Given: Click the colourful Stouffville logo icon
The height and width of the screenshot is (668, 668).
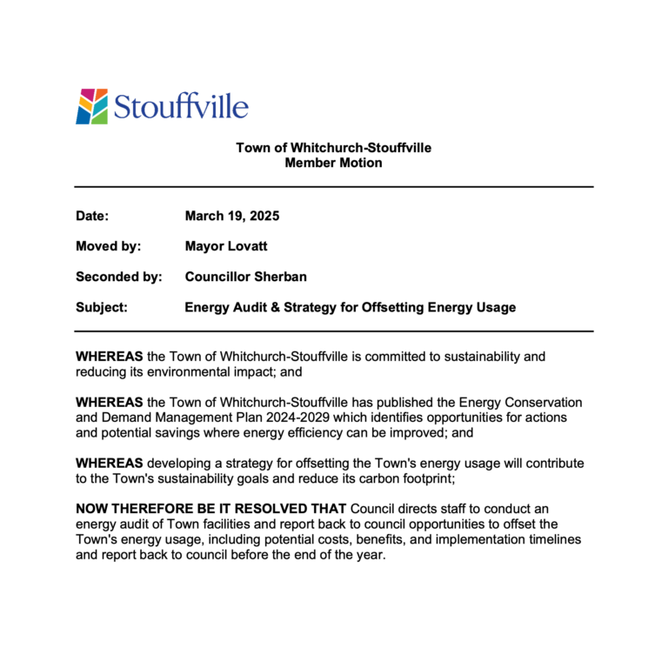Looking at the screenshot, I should coord(91,106).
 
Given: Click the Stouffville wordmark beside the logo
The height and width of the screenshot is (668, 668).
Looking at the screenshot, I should coord(181,108).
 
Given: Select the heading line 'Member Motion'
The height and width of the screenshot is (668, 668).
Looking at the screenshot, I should coord(333,163).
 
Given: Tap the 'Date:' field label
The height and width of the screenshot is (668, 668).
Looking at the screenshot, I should coord(92,216).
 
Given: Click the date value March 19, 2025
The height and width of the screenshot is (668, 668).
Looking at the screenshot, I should coord(232,216).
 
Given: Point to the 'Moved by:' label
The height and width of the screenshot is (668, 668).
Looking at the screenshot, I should coord(109,246).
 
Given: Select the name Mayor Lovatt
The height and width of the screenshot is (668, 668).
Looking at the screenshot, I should coord(226,246).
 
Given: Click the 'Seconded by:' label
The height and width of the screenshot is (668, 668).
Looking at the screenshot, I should coord(119,277).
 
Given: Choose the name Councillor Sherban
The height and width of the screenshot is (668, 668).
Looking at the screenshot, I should coord(246,277).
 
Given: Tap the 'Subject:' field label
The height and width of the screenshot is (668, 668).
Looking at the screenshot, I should coord(102,307).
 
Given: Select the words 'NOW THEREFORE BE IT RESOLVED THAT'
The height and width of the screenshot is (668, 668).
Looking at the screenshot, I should coord(211,508).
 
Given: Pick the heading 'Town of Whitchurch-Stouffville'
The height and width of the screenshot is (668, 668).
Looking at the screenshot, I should coord(333,148).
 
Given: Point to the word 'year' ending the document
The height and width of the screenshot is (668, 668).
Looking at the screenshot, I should coord(368,555).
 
